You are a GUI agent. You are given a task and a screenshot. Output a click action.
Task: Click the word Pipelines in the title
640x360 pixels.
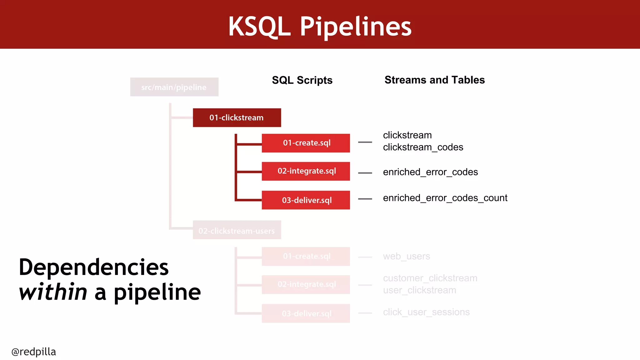click(x=356, y=27)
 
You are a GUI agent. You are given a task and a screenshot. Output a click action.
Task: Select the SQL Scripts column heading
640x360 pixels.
click(x=302, y=80)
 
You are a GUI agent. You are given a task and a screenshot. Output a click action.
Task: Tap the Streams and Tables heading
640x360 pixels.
click(x=434, y=80)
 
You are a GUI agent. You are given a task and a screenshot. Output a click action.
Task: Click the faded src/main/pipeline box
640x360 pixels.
click(x=174, y=87)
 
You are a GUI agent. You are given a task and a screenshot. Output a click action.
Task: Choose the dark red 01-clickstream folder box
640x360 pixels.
click(x=237, y=118)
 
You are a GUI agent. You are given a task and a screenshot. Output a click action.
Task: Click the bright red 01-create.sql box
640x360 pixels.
click(x=306, y=143)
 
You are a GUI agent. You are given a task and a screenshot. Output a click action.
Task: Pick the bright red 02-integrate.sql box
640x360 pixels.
click(x=306, y=171)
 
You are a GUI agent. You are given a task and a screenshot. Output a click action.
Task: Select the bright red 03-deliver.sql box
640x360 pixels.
click(x=306, y=200)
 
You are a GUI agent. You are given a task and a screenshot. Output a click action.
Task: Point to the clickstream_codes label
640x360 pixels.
click(x=423, y=147)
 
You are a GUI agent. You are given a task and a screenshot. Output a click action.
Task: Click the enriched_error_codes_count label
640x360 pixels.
click(x=445, y=198)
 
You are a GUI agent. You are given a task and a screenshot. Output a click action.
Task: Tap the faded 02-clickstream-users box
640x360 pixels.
click(x=237, y=230)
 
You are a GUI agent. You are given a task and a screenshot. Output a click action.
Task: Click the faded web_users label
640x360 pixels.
click(x=406, y=257)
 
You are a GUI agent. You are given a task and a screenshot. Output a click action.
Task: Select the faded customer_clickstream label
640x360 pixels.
click(x=430, y=278)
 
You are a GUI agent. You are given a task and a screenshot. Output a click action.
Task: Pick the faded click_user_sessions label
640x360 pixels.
click(x=426, y=312)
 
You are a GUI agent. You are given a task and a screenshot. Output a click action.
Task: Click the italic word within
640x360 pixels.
click(x=53, y=292)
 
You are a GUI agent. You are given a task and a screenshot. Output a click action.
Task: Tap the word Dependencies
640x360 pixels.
click(x=94, y=267)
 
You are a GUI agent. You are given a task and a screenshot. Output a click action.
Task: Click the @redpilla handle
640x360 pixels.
click(x=34, y=352)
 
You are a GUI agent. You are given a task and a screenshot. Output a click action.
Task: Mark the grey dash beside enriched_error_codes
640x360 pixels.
click(x=365, y=173)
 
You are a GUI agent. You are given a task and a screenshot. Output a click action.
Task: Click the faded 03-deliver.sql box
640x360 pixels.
click(x=306, y=313)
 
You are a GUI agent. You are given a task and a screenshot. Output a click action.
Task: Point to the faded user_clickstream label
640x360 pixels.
click(x=419, y=290)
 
